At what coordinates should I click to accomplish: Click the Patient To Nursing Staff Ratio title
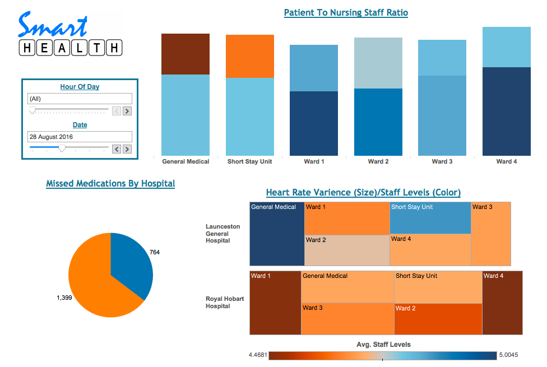tap(346, 12)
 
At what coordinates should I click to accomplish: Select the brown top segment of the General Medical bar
tap(186, 54)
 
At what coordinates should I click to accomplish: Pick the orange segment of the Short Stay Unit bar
tap(250, 56)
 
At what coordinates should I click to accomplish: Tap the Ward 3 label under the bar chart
tap(442, 161)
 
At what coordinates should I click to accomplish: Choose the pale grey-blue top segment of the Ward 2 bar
tap(378, 63)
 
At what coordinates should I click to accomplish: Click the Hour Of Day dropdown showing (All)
tap(80, 99)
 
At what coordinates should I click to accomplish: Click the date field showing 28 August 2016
tap(80, 137)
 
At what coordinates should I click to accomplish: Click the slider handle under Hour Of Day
tap(33, 110)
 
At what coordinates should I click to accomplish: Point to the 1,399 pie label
tap(64, 298)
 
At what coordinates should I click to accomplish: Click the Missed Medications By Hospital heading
tap(110, 183)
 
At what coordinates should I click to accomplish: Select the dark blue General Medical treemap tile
tap(277, 234)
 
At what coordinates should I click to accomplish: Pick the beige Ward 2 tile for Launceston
tap(347, 250)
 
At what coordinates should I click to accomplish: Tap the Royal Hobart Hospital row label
tap(225, 303)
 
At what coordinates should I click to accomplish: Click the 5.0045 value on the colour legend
tap(511, 355)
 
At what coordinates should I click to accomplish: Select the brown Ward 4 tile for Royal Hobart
tap(502, 303)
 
